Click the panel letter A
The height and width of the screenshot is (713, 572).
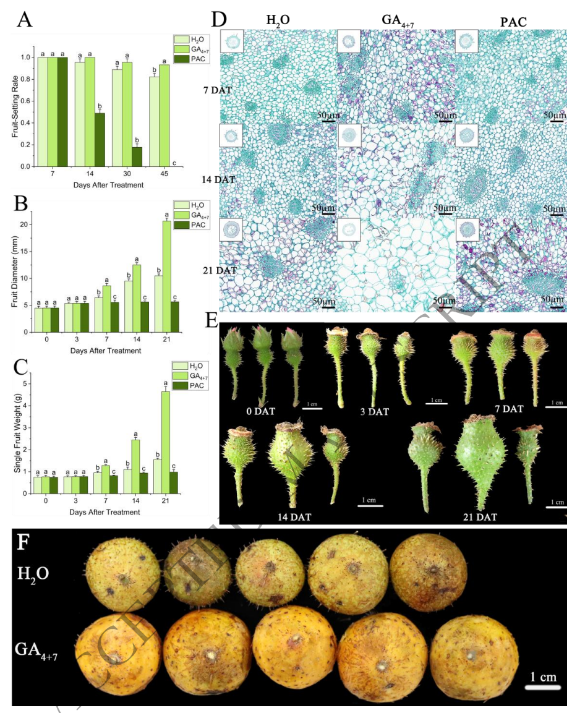coord(25,20)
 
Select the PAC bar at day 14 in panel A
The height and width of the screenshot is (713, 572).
coord(99,140)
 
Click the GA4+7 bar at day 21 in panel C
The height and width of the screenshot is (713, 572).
coord(166,442)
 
